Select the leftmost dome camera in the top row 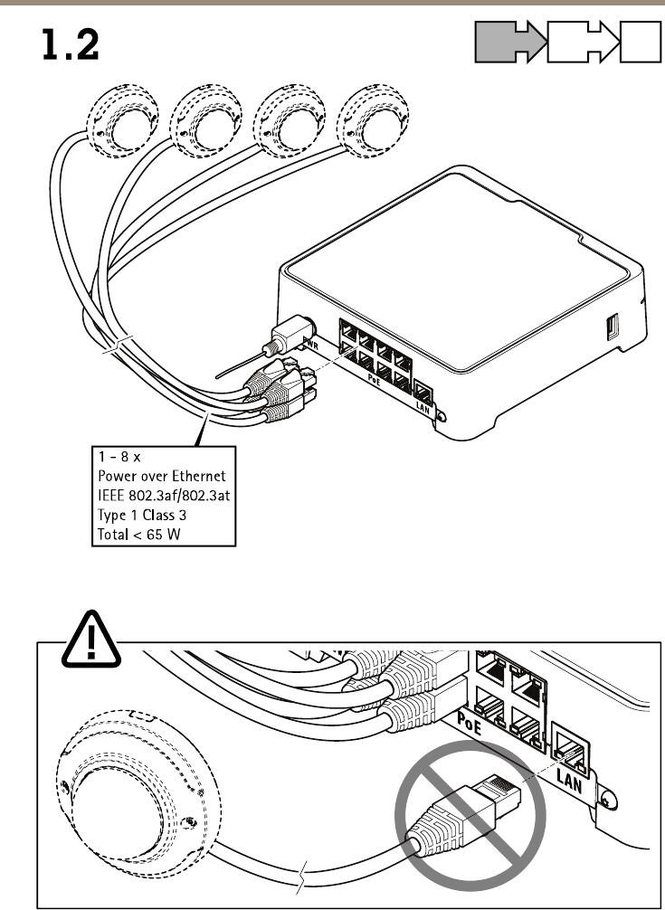tap(119, 118)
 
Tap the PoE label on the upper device tap(374, 381)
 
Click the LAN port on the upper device tap(422, 392)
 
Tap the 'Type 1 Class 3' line tap(136, 514)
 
